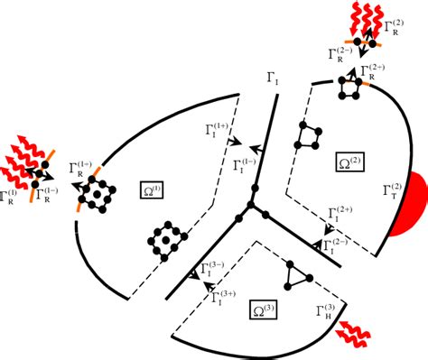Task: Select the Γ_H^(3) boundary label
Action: (328, 313)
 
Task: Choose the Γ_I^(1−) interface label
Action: (245, 165)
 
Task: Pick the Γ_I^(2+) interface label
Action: (339, 215)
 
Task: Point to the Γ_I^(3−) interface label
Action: (215, 268)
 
